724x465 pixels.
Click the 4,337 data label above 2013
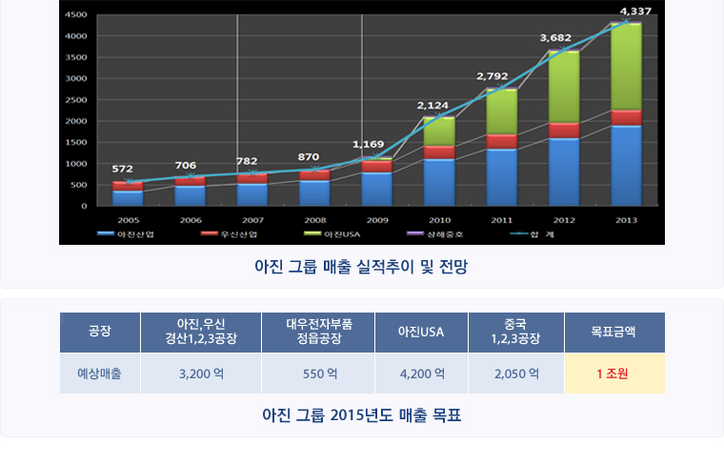(635, 11)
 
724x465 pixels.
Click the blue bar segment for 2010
(438, 181)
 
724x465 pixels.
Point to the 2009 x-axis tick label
(376, 219)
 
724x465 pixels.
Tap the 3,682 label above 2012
(555, 38)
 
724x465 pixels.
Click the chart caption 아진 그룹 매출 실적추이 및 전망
(362, 269)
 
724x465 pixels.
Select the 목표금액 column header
(614, 333)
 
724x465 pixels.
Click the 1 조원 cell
(614, 374)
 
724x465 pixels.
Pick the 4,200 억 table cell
(421, 374)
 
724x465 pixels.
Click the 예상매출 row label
(99, 374)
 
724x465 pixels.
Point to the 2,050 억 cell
(516, 374)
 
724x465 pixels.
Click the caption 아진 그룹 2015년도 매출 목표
(362, 415)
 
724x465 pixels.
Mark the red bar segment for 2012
(563, 131)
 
